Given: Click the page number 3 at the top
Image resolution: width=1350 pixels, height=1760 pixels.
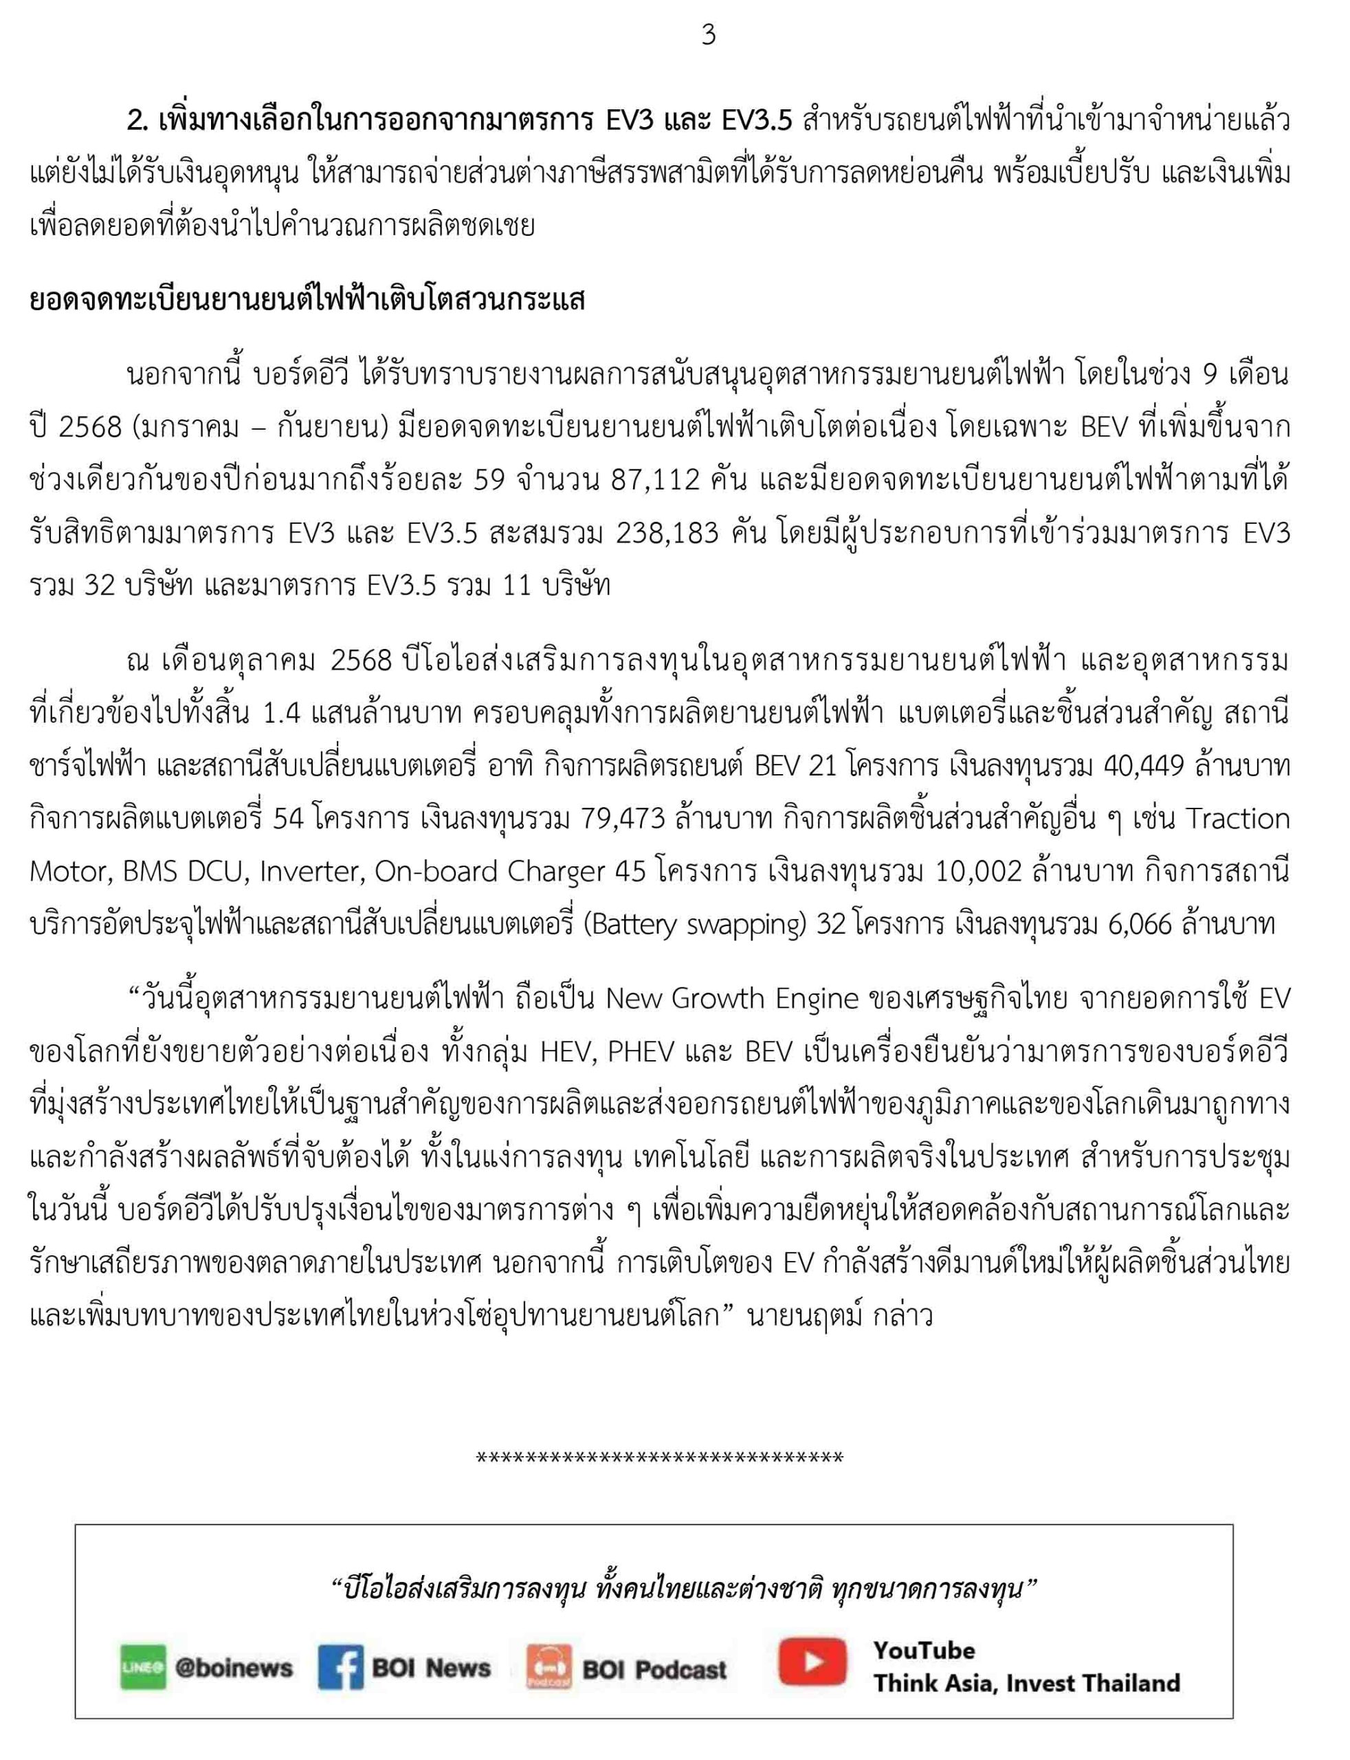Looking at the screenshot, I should pyautogui.click(x=708, y=34).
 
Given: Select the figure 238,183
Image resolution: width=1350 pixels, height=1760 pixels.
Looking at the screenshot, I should pyautogui.click(x=667, y=533).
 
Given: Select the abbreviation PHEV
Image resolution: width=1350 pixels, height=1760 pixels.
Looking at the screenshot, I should pyautogui.click(x=641, y=1051).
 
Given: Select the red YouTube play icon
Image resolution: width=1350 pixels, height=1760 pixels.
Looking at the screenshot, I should pyautogui.click(x=812, y=1661).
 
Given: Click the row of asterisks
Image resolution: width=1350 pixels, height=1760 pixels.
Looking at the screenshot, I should pyautogui.click(x=659, y=1457).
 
